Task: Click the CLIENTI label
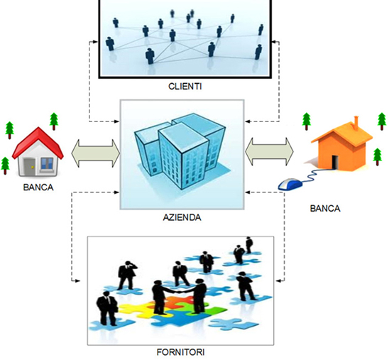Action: coord(185,87)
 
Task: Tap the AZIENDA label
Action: coord(182,217)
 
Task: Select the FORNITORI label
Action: coord(180,352)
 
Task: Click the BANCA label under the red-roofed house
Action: coord(38,187)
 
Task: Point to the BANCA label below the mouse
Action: coord(325,208)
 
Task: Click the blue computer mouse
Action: coord(290,185)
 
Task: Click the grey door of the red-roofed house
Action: coord(30,167)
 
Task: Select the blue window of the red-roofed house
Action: coord(47,163)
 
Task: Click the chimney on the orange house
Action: coord(356,123)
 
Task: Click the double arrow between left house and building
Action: coord(96,153)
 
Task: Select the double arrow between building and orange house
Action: coord(269,151)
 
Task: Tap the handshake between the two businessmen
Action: coord(180,290)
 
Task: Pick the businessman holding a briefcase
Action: coord(107,308)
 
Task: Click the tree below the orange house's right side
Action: coord(378,157)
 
